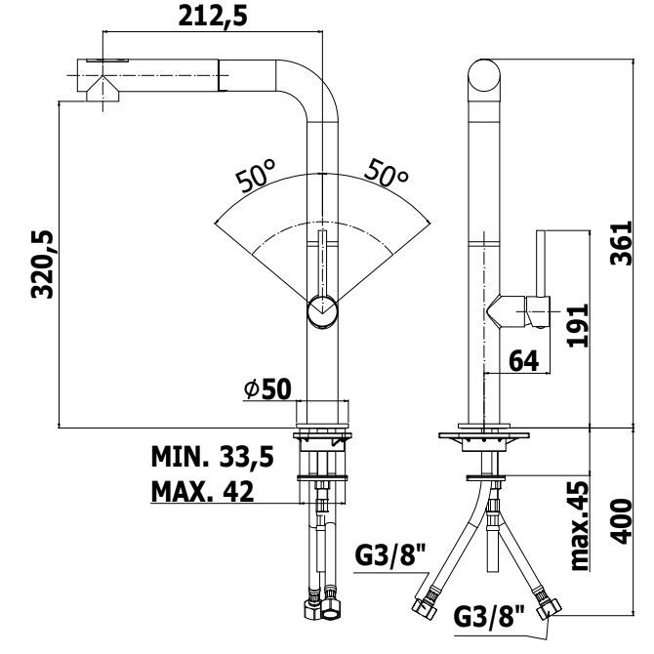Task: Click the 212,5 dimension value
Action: [x=213, y=17]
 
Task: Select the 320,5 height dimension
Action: [x=43, y=264]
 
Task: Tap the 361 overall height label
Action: [x=621, y=244]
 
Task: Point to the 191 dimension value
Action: [x=578, y=325]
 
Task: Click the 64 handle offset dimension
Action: [x=524, y=361]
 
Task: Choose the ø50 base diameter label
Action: [x=267, y=389]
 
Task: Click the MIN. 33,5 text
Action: [x=212, y=457]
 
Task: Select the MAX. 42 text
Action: [x=202, y=491]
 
